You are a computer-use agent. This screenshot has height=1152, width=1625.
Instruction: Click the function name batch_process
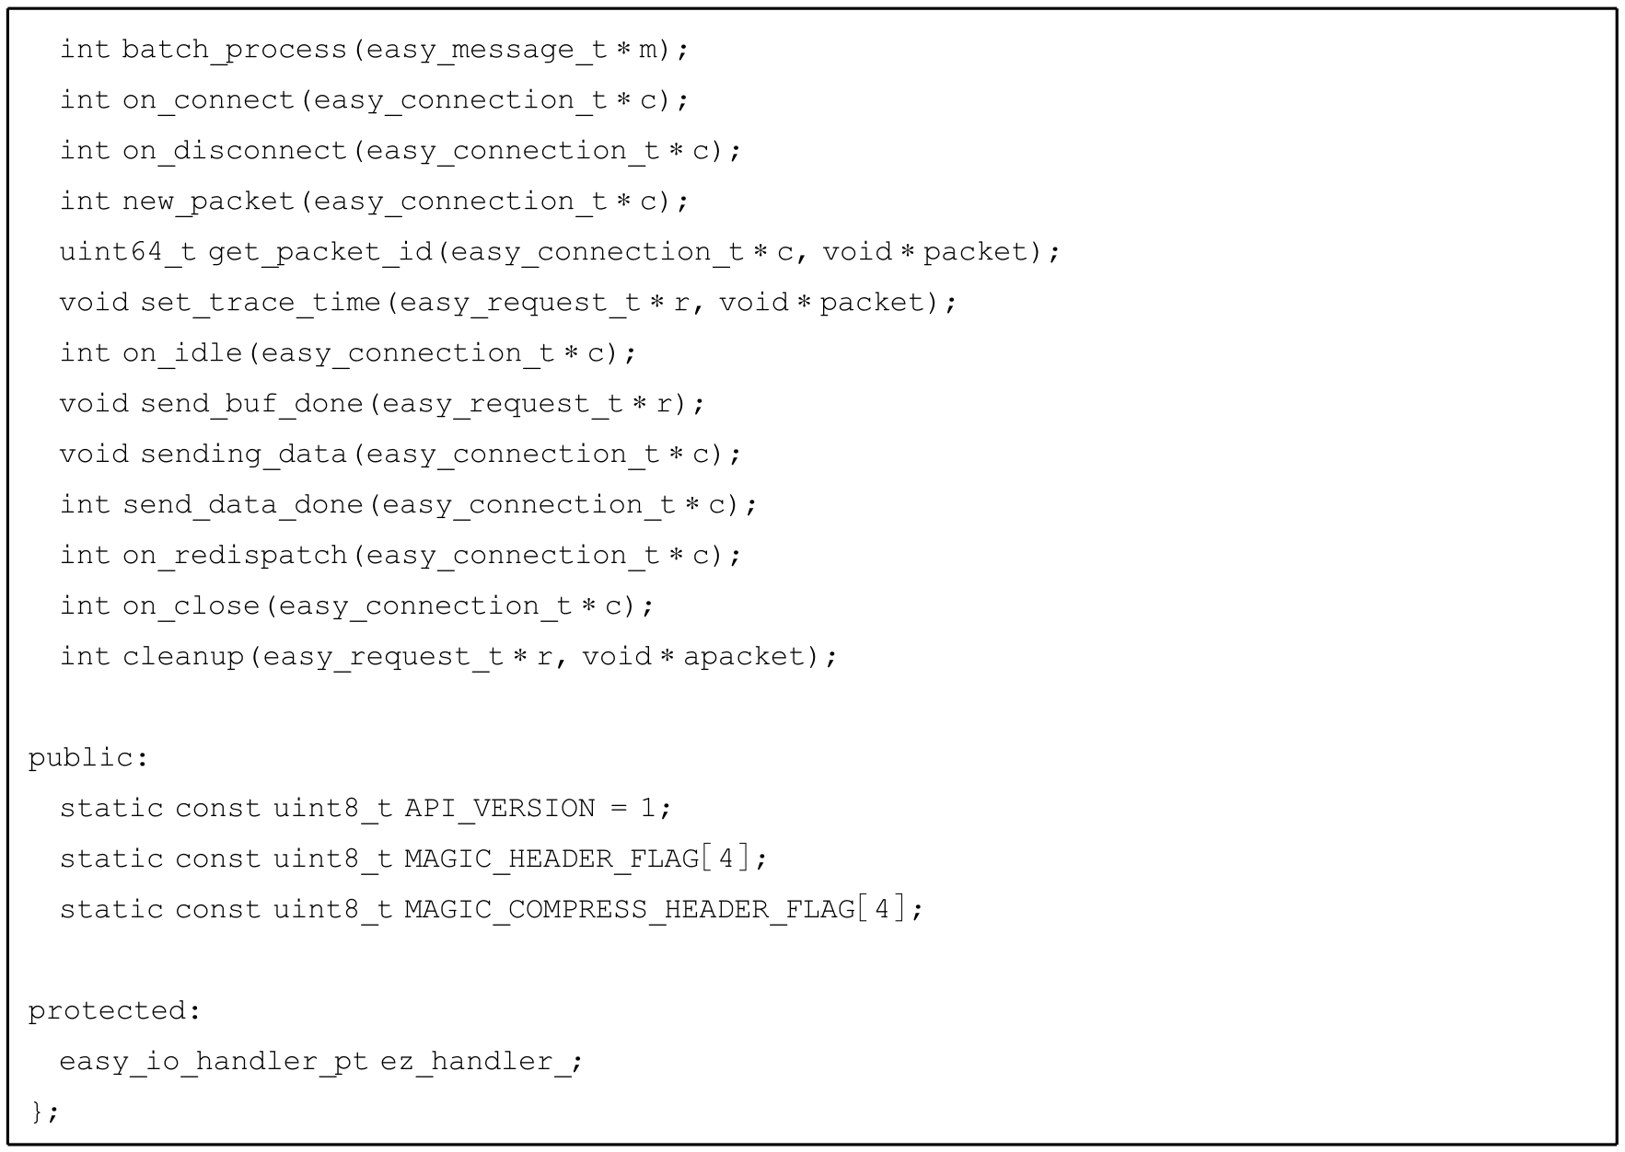pos(234,50)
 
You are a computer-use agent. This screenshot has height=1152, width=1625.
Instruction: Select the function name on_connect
pos(208,100)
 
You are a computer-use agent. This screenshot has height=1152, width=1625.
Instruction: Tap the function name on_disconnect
pos(234,151)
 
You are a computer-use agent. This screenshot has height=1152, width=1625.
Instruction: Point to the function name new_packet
pos(208,202)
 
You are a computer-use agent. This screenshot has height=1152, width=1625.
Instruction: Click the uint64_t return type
pos(128,252)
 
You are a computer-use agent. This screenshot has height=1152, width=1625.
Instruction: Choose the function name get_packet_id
pos(320,252)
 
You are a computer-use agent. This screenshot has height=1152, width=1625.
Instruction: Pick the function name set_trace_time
pos(261,303)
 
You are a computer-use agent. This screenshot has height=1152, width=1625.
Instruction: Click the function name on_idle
pos(182,353)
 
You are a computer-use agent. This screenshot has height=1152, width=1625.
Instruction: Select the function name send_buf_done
pos(251,404)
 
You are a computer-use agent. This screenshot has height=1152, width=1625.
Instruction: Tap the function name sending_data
pos(243,455)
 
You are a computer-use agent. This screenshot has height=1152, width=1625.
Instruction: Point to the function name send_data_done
pos(243,505)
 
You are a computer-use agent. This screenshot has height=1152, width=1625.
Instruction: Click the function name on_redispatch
pos(234,556)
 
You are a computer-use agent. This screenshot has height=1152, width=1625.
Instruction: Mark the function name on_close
pos(191,606)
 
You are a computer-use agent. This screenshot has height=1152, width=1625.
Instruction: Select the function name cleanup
pos(182,657)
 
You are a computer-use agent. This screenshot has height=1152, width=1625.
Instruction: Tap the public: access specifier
pos(87,758)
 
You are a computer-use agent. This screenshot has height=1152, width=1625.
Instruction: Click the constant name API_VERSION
pos(500,809)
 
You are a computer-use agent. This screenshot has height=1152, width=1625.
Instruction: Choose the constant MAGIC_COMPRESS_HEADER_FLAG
pos(630,910)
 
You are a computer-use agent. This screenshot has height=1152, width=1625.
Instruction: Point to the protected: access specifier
pos(114,1011)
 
